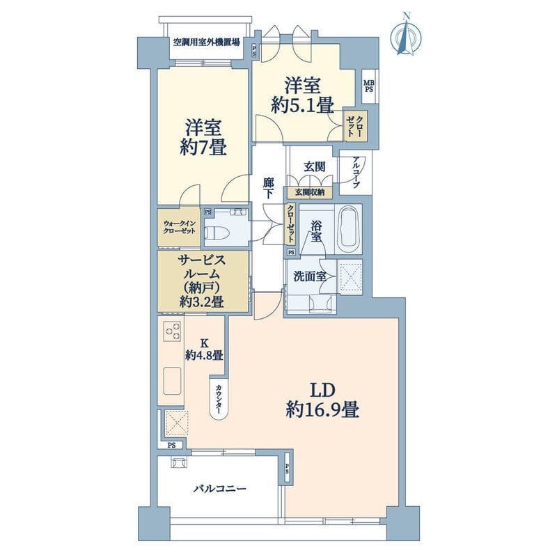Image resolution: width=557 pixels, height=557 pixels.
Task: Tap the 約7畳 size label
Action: [x=203, y=148]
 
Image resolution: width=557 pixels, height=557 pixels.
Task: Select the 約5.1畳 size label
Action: [x=301, y=105]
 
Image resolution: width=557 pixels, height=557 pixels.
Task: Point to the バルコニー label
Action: [x=219, y=489]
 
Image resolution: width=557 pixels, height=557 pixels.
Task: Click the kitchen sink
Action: [x=173, y=382]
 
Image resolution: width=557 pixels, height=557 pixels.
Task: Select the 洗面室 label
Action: [x=311, y=276]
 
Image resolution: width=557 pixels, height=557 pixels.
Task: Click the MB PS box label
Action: [x=368, y=86]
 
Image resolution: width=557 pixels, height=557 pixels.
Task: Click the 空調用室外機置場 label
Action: [x=206, y=41]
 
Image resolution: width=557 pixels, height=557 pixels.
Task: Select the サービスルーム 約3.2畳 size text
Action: [x=201, y=301]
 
